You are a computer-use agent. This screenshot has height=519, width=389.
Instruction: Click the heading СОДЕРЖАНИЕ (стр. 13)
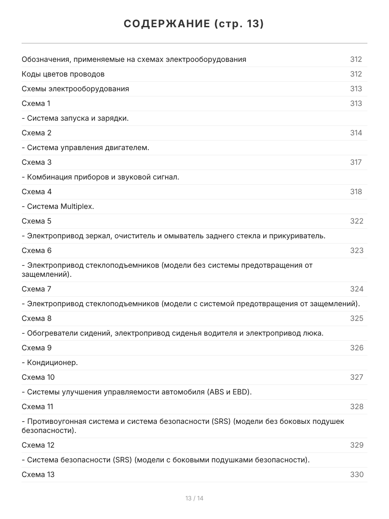coord(194,24)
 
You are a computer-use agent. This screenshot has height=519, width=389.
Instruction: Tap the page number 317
coord(356,162)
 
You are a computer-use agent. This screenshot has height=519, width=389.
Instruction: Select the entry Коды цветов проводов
coord(63,74)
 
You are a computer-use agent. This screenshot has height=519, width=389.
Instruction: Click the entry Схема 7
coord(36,289)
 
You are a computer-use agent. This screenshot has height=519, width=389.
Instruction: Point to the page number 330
coord(357,474)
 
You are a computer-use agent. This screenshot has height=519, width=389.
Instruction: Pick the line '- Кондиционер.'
coord(50,362)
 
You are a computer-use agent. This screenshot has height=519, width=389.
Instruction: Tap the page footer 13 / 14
coord(194,498)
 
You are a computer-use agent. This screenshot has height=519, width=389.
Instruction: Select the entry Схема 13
coord(38,474)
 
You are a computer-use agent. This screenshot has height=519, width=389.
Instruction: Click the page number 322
coord(357,221)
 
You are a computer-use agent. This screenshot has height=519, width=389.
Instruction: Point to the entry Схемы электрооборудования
coord(75,89)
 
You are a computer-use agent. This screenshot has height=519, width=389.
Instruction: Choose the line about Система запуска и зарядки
coord(75,118)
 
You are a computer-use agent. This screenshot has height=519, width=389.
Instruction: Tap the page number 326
coord(357,348)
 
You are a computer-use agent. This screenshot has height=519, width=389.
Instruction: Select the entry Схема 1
coord(36,103)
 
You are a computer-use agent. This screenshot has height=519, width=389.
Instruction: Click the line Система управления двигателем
coord(86,147)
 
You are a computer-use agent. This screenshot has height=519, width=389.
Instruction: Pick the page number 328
coord(357,407)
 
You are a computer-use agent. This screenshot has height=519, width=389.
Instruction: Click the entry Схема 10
coord(38,377)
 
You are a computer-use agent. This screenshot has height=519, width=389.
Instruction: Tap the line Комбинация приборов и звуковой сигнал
coord(100,177)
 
